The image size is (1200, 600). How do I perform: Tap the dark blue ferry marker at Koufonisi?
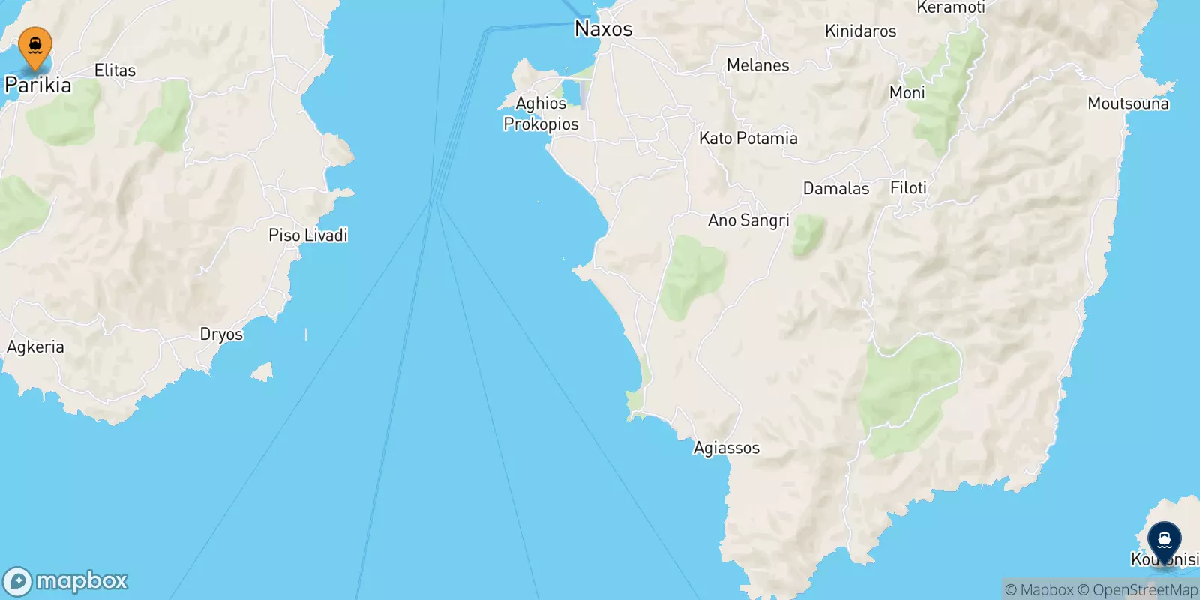[1164, 539]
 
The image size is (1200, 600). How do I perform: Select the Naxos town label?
[603, 29]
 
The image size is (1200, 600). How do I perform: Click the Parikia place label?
[38, 85]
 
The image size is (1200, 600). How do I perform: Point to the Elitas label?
[115, 70]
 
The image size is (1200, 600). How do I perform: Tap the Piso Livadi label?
[307, 235]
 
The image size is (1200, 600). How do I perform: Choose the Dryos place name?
[221, 334]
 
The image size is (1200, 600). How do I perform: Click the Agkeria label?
[35, 346]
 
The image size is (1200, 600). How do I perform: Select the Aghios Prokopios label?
[541, 113]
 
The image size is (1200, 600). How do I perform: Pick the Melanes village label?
[757, 65]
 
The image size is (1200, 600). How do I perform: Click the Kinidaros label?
[860, 31]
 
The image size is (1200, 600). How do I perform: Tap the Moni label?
[907, 93]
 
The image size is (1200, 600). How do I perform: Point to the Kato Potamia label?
[748, 139]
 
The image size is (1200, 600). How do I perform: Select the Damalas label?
[835, 189]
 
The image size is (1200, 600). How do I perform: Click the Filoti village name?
[908, 188]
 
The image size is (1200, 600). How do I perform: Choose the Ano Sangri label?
[748, 220]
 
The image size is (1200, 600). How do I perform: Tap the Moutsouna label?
[1128, 103]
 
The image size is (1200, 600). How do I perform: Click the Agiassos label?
[726, 448]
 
